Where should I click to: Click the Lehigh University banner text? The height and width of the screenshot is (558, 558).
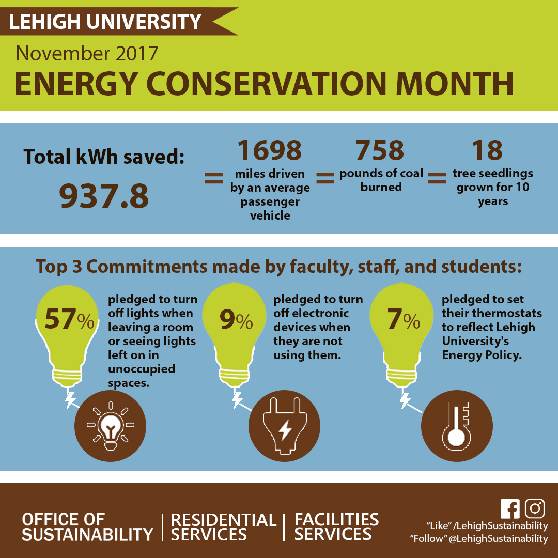pyautogui.click(x=105, y=22)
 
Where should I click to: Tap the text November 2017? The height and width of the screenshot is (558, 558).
pyautogui.click(x=87, y=53)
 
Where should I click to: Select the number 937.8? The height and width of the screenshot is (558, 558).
pyautogui.click(x=104, y=196)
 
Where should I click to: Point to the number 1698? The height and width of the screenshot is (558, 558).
pyautogui.click(x=269, y=150)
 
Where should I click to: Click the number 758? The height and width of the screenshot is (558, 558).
pyautogui.click(x=380, y=150)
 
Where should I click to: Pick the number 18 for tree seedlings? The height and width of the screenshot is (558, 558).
pyautogui.click(x=487, y=150)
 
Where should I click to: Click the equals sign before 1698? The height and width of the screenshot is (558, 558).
pyautogui.click(x=213, y=179)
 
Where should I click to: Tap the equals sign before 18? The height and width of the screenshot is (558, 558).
pyautogui.click(x=437, y=179)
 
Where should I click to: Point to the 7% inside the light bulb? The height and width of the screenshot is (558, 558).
pyautogui.click(x=404, y=320)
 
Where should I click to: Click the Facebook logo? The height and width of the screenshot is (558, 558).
pyautogui.click(x=510, y=508)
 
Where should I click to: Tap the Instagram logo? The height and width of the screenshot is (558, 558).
pyautogui.click(x=535, y=508)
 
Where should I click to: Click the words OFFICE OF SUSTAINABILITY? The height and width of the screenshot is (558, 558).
pyautogui.click(x=87, y=527)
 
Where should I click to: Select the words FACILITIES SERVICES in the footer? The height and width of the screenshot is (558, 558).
pyautogui.click(x=336, y=527)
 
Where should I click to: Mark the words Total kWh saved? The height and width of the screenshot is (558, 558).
pyautogui.click(x=104, y=156)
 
